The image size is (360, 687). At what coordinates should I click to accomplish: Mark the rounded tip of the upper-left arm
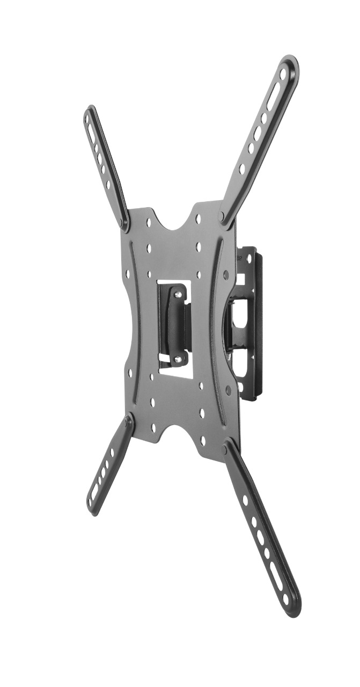89,114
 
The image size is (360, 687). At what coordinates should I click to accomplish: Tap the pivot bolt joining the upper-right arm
222,216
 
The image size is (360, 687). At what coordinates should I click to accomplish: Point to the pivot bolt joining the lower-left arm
128,422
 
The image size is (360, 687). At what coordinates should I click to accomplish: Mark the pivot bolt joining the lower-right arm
227,445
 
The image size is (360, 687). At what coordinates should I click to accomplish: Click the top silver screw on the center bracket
176,294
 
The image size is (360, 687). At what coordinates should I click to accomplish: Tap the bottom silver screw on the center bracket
178,359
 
